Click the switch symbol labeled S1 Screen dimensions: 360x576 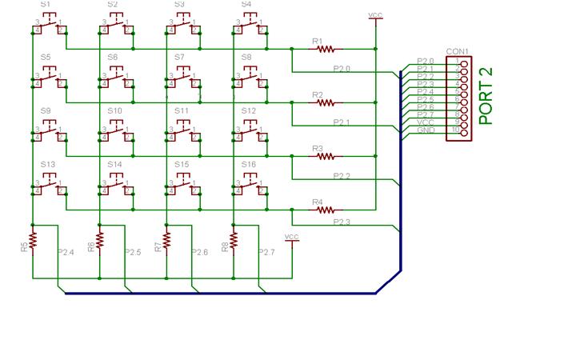point(48,27)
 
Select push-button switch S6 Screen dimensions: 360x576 point(115,79)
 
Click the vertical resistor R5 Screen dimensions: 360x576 point(33,240)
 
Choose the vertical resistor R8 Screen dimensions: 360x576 point(234,240)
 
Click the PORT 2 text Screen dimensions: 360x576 point(486,95)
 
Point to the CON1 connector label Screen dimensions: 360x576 point(457,50)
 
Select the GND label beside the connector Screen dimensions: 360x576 point(426,130)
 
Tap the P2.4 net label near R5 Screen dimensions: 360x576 point(66,253)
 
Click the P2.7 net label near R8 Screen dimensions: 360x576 point(267,253)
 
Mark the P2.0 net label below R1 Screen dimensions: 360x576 point(342,69)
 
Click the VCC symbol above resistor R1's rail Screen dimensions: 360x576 point(374,16)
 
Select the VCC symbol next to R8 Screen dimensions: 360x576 point(291,238)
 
